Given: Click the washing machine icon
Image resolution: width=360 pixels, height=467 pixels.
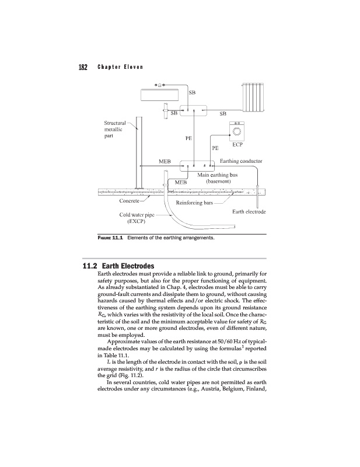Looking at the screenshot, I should (x=238, y=131).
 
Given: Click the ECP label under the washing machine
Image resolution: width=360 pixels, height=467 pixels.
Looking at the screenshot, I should (x=237, y=144).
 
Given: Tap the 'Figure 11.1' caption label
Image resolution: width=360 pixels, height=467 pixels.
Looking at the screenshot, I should (x=111, y=238).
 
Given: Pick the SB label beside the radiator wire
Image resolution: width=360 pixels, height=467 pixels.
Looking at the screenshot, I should (x=223, y=113).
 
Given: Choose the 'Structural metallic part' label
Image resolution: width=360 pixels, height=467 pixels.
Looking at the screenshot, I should (x=114, y=130).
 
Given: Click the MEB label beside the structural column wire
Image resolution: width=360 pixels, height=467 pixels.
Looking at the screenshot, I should (x=165, y=161).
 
